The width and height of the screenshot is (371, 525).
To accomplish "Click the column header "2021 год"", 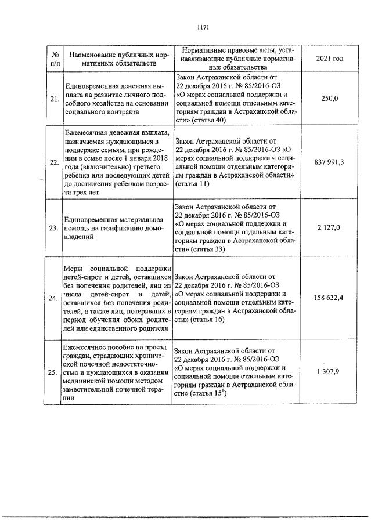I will (329, 59).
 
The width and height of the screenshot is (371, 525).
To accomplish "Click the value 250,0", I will (329, 99).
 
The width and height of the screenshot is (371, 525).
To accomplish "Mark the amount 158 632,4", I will (329, 298).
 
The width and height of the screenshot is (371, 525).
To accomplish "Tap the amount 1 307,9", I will (329, 372).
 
